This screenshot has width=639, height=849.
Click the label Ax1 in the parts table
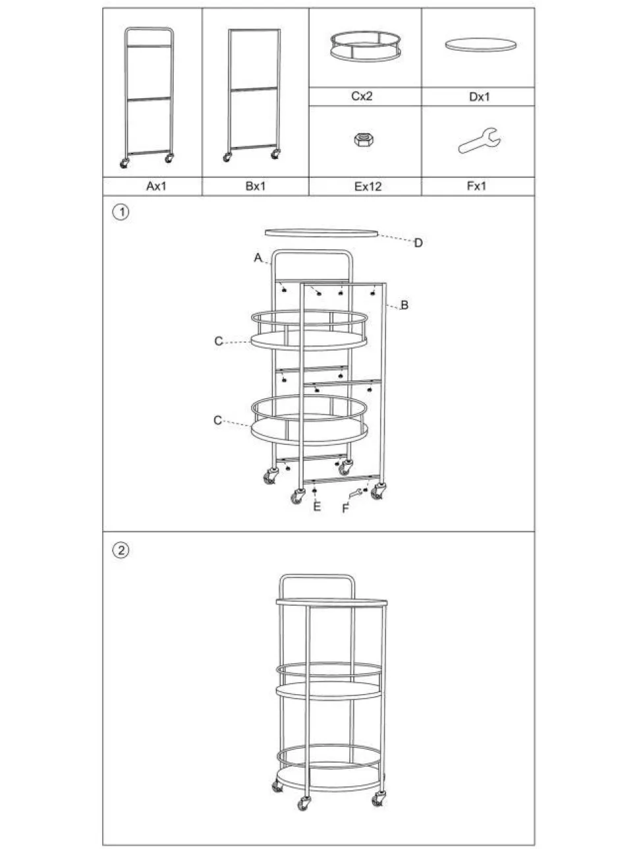pyautogui.click(x=156, y=186)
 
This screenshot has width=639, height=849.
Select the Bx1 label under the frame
pyautogui.click(x=256, y=186)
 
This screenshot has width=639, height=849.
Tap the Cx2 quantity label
pyautogui.click(x=362, y=96)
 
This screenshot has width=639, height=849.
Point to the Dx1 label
pyautogui.click(x=480, y=97)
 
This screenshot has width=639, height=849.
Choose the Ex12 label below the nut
pyautogui.click(x=368, y=187)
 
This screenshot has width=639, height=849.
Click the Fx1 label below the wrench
pyautogui.click(x=476, y=186)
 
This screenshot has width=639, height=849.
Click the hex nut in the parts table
pyautogui.click(x=364, y=139)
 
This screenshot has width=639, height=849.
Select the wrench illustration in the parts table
pyautogui.click(x=480, y=140)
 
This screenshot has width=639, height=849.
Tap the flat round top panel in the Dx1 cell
pyautogui.click(x=480, y=44)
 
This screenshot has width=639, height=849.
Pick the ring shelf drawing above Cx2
pyautogui.click(x=366, y=46)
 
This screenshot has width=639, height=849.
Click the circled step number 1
pyautogui.click(x=121, y=212)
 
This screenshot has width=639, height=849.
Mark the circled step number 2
pyautogui.click(x=121, y=550)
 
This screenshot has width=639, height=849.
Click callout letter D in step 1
pyautogui.click(x=418, y=243)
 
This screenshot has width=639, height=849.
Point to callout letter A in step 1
pyautogui.click(x=258, y=258)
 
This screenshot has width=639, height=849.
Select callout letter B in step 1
pyautogui.click(x=404, y=305)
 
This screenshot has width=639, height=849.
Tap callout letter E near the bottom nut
pyautogui.click(x=317, y=507)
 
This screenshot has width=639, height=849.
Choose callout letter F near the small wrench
pyautogui.click(x=346, y=508)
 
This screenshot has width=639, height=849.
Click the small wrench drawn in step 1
pyautogui.click(x=355, y=494)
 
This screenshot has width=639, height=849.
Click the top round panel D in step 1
pyautogui.click(x=321, y=233)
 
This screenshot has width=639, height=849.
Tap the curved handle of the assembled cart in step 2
pyautogui.click(x=317, y=576)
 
